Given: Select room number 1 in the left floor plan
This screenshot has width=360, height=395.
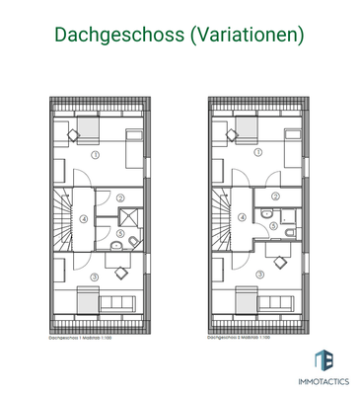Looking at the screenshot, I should click(x=95, y=156).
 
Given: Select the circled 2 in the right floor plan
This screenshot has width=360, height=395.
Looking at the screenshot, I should click(x=275, y=196).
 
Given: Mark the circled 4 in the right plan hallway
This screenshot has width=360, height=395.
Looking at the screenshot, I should click(x=244, y=218).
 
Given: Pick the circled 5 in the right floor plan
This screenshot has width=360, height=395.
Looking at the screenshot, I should click(x=272, y=224).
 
